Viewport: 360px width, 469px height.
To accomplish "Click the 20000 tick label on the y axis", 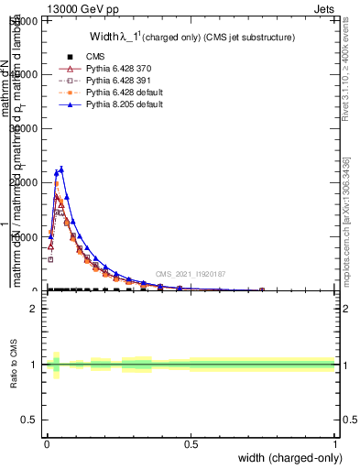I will [x=27, y=183].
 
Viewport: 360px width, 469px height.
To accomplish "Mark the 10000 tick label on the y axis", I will [x=27, y=237].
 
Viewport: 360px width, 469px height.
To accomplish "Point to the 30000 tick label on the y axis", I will [x=27, y=129].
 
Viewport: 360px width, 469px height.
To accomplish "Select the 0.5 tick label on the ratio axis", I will [x=29, y=420].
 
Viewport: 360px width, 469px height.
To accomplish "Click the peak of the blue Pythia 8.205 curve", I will [x=61, y=169].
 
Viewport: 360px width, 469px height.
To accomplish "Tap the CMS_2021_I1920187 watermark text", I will [x=190, y=273].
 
